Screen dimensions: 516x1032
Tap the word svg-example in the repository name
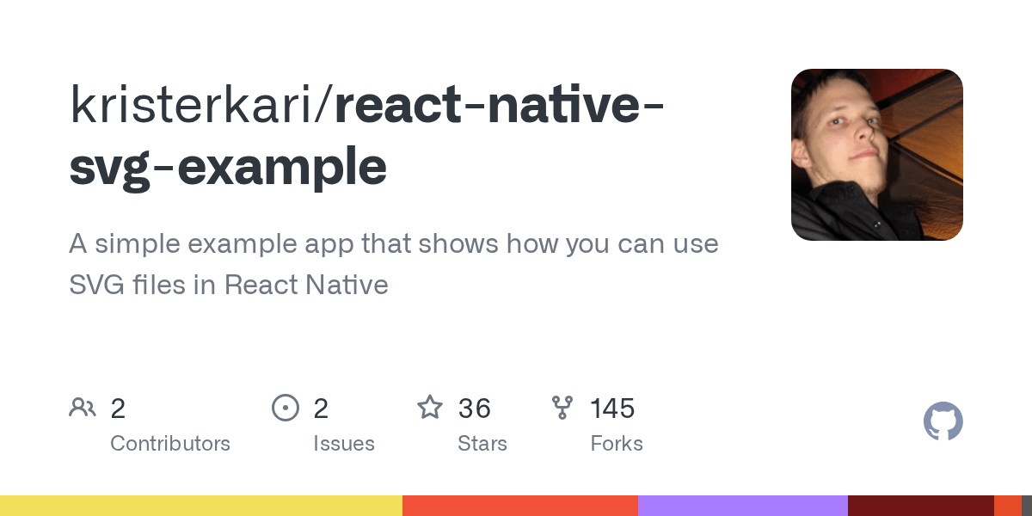[x=228, y=168]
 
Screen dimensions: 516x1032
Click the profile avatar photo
[x=876, y=155]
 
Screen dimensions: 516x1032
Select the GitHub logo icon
[x=943, y=421]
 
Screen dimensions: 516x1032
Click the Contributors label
[x=170, y=444]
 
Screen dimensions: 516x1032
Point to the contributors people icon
[x=83, y=408]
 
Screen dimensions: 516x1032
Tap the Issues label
[x=344, y=444]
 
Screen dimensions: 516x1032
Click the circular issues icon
[x=285, y=408]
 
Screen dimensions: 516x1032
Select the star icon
[x=429, y=408]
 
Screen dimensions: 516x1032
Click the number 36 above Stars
[x=475, y=408]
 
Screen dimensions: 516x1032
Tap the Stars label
[x=482, y=444]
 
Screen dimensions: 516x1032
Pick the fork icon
[x=562, y=408]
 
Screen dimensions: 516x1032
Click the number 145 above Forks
[x=612, y=408]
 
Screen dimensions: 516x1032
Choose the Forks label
[x=617, y=444]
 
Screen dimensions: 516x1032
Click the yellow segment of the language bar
[x=201, y=506]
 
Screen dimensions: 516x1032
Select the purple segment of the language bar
[x=743, y=506]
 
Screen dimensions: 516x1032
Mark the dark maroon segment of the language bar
[x=921, y=506]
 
